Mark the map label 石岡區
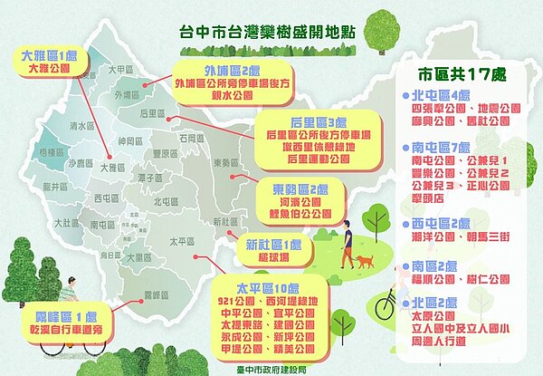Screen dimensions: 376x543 click(x=191, y=138)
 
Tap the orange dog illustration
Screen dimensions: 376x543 click(x=364, y=261)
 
